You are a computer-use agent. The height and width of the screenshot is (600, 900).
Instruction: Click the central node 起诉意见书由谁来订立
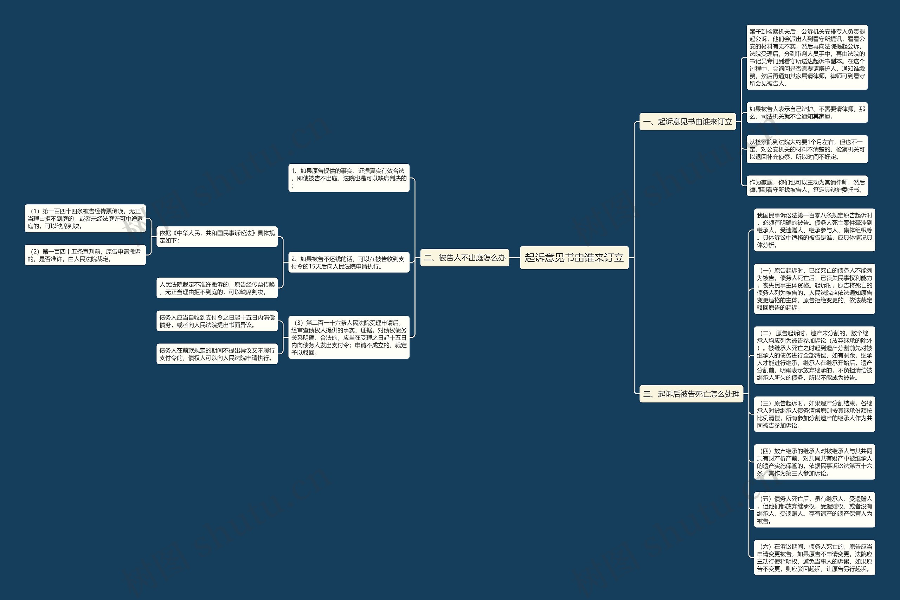click(x=574, y=258)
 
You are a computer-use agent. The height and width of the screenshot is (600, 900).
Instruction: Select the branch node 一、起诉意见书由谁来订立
click(x=687, y=122)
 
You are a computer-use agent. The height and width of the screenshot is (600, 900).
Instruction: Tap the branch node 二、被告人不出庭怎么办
click(x=464, y=258)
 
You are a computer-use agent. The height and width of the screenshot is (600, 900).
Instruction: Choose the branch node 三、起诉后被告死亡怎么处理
click(x=691, y=394)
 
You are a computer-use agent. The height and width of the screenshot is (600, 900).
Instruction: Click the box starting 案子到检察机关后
click(x=806, y=57)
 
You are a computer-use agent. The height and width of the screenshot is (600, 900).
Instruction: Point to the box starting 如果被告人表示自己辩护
click(x=806, y=112)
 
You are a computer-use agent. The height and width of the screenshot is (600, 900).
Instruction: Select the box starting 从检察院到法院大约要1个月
click(x=806, y=149)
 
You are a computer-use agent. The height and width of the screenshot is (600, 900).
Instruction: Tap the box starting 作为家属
click(x=806, y=186)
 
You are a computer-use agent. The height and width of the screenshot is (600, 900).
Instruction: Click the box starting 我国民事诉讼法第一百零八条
click(x=814, y=230)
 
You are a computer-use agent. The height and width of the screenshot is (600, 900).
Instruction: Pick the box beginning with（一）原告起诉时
click(x=814, y=289)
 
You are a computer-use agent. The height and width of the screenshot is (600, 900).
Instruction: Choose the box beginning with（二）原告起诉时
click(x=814, y=355)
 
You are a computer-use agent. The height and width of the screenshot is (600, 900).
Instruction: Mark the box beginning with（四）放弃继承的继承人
click(x=814, y=462)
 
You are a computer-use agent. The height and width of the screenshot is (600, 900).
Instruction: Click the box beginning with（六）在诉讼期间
click(x=814, y=557)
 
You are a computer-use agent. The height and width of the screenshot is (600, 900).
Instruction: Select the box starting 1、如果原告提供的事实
click(x=349, y=178)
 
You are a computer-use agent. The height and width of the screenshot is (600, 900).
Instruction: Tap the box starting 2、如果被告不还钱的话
click(x=349, y=263)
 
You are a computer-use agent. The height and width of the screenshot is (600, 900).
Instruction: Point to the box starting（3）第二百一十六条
click(x=349, y=337)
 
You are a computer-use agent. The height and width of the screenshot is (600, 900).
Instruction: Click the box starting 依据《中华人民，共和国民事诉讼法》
click(x=217, y=237)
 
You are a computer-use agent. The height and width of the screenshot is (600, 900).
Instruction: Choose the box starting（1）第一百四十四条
click(x=85, y=219)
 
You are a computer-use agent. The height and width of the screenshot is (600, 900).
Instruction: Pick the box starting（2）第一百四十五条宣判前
click(x=85, y=255)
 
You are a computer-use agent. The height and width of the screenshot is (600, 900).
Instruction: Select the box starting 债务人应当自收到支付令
click(x=217, y=321)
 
